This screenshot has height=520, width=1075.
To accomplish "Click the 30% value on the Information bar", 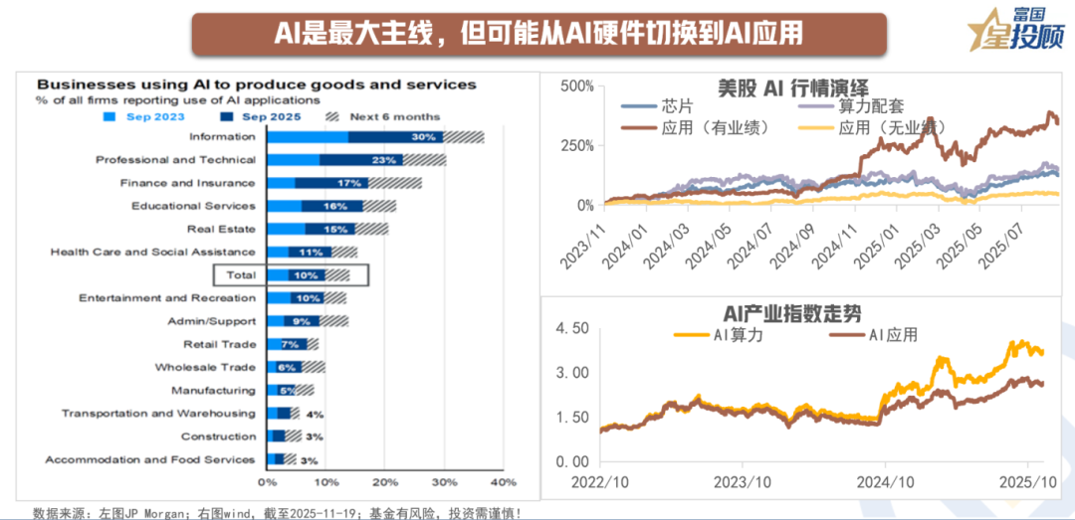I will pyautogui.click(x=423, y=137).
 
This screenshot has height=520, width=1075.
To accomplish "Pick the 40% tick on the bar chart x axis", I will pyautogui.click(x=503, y=482).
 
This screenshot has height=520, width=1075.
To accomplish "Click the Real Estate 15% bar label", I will pyautogui.click(x=334, y=230).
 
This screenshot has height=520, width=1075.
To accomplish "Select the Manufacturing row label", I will pyautogui.click(x=213, y=391).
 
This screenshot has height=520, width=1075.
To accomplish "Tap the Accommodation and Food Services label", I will pyautogui.click(x=150, y=459).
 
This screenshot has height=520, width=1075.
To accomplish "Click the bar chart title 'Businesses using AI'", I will pyautogui.click(x=257, y=85).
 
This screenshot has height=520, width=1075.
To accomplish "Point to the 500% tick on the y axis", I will pyautogui.click(x=576, y=87).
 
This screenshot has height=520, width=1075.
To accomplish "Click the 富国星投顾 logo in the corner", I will pyautogui.click(x=1020, y=30).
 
